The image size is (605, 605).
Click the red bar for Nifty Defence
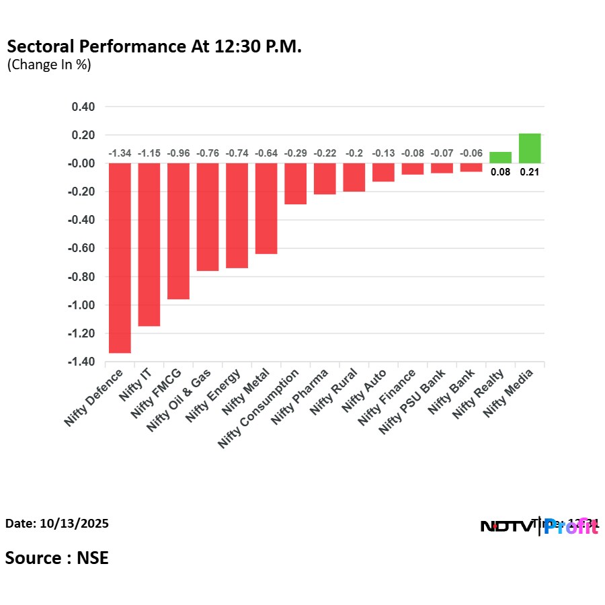coord(120,257)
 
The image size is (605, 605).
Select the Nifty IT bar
coord(149,244)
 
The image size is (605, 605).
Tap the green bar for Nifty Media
coord(530,149)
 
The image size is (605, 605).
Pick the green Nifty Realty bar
coord(500,158)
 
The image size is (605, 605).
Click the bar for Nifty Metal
coord(266,208)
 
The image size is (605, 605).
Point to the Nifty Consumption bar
coord(296,184)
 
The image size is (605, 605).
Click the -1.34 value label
coord(120,154)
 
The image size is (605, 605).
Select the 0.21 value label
coord(530,172)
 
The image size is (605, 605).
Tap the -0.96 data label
coord(178,154)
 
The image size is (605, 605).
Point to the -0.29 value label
coord(296,154)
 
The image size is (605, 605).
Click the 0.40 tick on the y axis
coord(84,107)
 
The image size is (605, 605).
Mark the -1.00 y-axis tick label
coord(82,305)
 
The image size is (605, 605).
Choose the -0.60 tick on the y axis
coord(82,248)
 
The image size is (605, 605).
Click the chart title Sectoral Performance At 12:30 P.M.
coord(154,47)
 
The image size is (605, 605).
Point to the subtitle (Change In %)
coord(48,65)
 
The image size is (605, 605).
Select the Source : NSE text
coord(57,558)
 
